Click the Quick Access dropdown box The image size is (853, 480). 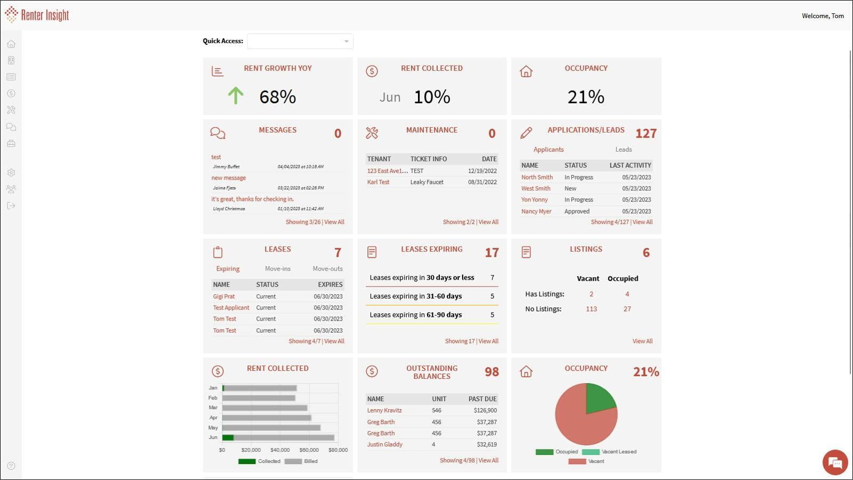click(300, 41)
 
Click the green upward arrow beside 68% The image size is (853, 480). click(236, 96)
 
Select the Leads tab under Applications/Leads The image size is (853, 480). click(623, 150)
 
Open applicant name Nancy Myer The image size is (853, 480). click(536, 211)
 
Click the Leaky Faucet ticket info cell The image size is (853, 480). click(426, 182)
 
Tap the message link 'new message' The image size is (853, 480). click(228, 178)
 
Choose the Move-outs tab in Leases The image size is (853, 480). click(327, 269)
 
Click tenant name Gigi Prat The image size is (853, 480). click(224, 297)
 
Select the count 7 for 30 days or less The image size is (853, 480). click(492, 278)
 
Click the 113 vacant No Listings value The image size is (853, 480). click(591, 309)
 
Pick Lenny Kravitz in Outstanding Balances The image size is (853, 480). click(384, 411)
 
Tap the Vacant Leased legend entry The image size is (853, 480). click(618, 452)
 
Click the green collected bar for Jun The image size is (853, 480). click(228, 437)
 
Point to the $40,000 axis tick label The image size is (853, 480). click(280, 450)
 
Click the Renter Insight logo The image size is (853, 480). click(37, 15)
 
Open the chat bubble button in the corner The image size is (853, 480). click(835, 462)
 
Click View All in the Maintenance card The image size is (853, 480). click(488, 222)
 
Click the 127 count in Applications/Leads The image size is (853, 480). click(646, 134)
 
